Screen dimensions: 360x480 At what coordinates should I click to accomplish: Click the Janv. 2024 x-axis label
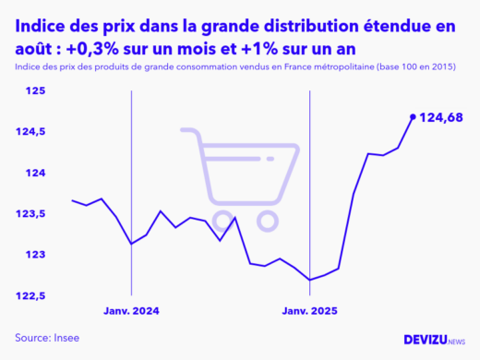pos(132,312)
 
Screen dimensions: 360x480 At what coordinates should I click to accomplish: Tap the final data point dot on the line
pos(412,116)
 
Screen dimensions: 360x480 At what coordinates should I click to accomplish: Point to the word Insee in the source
pos(65,338)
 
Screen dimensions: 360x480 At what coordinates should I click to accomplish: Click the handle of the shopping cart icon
pos(187,131)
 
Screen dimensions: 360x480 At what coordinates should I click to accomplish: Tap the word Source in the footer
pos(30,338)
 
